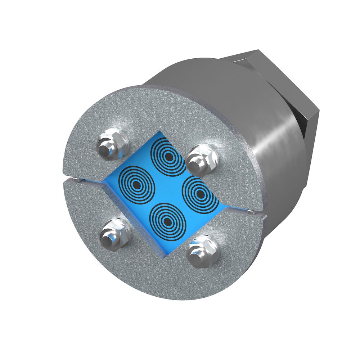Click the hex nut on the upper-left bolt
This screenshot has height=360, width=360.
coord(113,144)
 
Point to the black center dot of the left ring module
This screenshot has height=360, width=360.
coord(137,184)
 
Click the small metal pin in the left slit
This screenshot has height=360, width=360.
coord(75,180)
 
